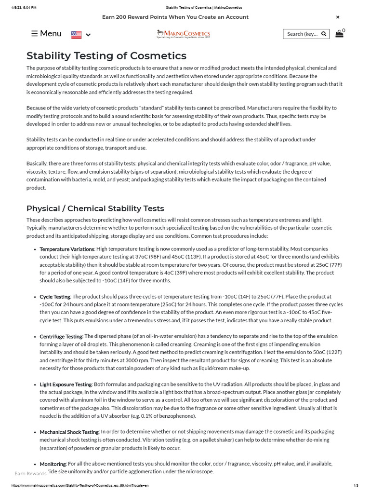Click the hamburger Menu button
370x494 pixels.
click(x=46, y=34)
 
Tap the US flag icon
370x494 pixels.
click(x=76, y=34)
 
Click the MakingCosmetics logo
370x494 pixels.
click(x=184, y=34)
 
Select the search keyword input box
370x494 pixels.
click(x=302, y=34)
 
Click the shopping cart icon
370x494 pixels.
click(x=340, y=34)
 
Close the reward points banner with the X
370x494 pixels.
click(x=338, y=17)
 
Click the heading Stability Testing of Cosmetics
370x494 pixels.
click(x=106, y=55)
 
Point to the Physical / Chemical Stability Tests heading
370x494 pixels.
click(x=95, y=208)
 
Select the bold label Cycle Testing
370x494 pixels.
click(x=55, y=297)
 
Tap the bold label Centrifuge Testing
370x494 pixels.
click(x=61, y=336)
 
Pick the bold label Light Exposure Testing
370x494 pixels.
click(x=66, y=384)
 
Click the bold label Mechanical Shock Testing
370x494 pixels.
click(x=69, y=432)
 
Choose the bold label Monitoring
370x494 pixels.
click(x=53, y=464)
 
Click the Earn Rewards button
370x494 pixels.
click(x=30, y=473)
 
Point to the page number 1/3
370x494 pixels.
click(x=356, y=485)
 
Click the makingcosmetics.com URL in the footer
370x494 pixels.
click(x=79, y=485)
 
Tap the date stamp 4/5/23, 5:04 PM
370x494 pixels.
click(x=24, y=7)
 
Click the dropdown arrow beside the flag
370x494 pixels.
click(x=88, y=35)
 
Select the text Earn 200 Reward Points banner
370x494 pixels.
click(x=175, y=17)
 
